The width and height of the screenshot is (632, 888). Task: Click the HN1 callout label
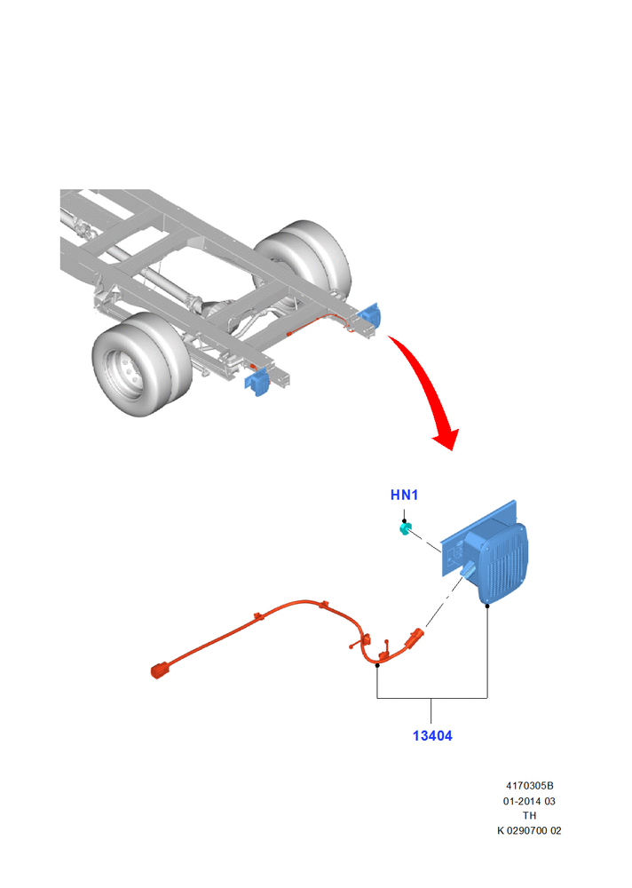[x=404, y=495]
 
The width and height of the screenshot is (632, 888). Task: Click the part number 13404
[x=432, y=735]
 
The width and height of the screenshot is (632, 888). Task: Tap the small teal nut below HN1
[x=406, y=529]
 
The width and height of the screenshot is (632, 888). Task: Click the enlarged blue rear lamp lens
[x=503, y=564]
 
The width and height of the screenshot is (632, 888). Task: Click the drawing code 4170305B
[x=530, y=786]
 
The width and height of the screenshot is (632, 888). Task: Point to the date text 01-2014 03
[x=529, y=801]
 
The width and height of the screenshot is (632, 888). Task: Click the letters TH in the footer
[x=529, y=815]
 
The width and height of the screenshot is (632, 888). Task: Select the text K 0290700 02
[x=529, y=830]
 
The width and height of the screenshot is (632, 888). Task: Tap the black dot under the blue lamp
[x=487, y=606]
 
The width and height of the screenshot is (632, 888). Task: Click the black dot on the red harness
[x=377, y=665]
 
